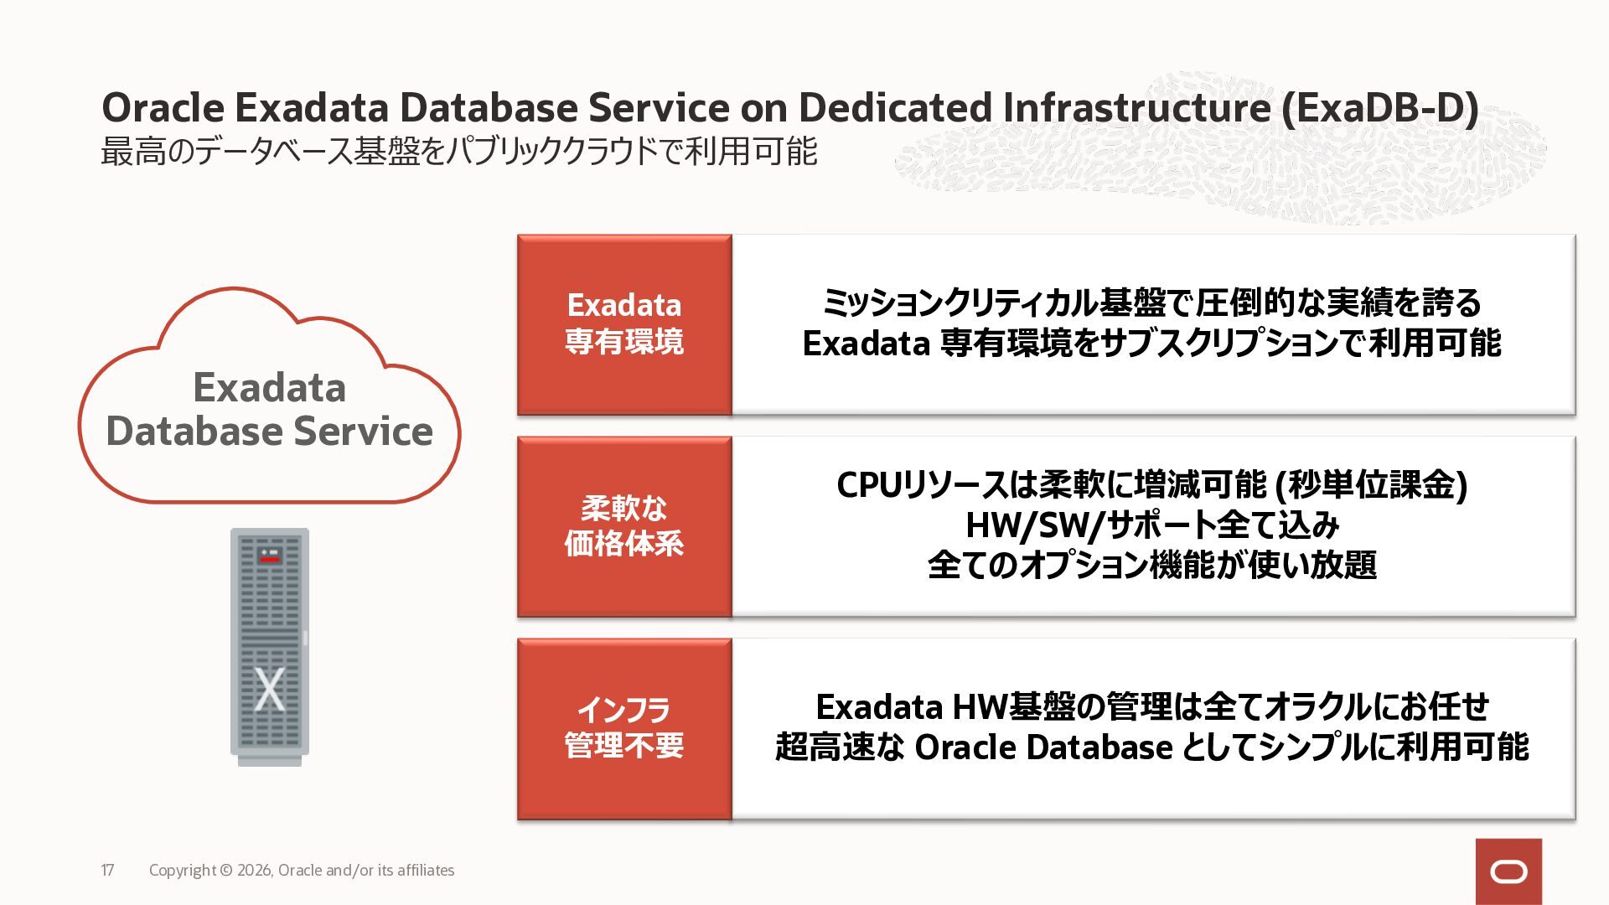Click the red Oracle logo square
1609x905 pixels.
coord(1508,871)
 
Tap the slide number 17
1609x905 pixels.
coord(107,871)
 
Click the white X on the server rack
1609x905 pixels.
coord(269,689)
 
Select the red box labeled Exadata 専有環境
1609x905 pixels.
coord(624,324)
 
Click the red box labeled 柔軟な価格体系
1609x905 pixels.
coord(624,526)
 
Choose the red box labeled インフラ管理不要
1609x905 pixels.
coord(624,728)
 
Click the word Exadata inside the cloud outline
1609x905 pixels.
coord(269,387)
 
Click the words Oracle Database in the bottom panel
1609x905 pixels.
coord(1043,747)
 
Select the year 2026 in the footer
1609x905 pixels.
coord(255,871)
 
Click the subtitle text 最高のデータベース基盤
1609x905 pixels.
coord(261,152)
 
